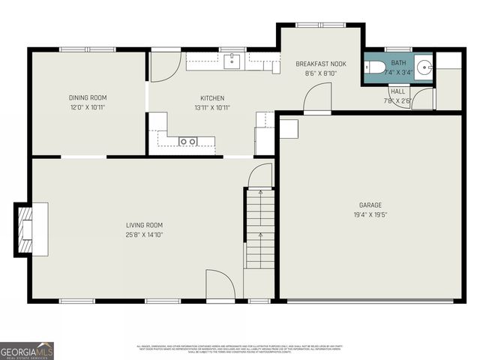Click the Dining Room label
tap(88, 97)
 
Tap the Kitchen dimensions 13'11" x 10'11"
tap(211, 108)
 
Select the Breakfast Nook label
tap(321, 64)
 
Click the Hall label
tap(397, 91)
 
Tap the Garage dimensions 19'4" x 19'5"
tap(370, 214)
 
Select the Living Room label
tap(144, 225)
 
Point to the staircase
tap(259, 229)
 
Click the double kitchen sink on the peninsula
tap(188, 141)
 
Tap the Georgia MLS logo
tap(27, 350)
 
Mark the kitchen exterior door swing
tap(163, 66)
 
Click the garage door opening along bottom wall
tap(370, 301)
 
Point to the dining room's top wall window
tap(88, 49)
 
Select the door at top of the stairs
tap(259, 176)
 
